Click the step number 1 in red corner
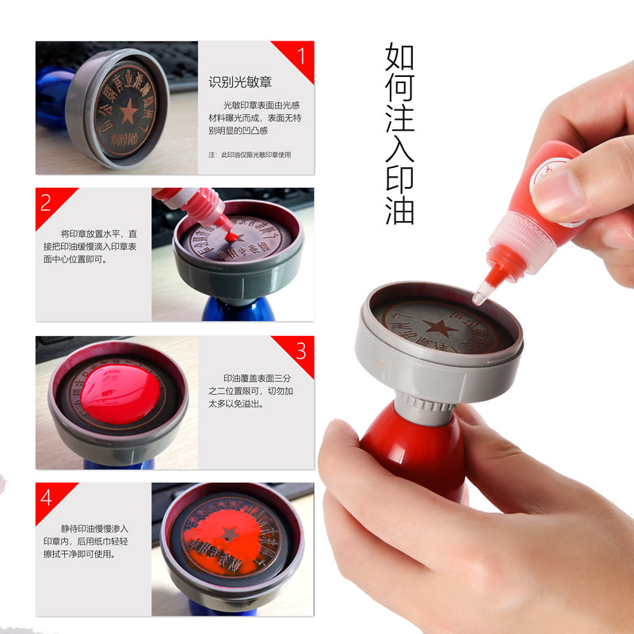tap(300, 56)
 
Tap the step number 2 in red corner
tap(46, 203)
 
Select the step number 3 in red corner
tap(300, 350)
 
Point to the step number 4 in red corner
tap(46, 498)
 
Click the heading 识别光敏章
tap(240, 82)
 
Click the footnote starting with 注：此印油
tap(250, 155)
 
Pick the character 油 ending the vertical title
tap(399, 209)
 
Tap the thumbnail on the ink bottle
tap(557, 184)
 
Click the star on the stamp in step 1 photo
tap(127, 113)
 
